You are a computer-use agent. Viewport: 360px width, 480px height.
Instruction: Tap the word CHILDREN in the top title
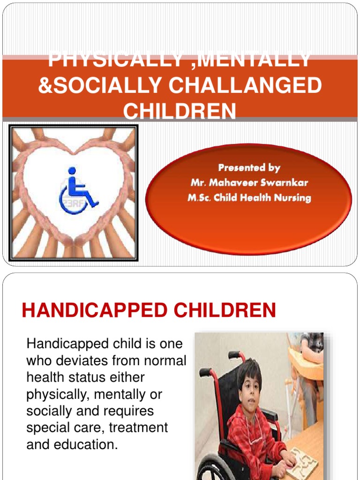pos(180,112)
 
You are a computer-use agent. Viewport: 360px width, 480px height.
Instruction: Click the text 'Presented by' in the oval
pos(249,167)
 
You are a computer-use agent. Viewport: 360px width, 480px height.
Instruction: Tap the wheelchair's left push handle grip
pos(205,373)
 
